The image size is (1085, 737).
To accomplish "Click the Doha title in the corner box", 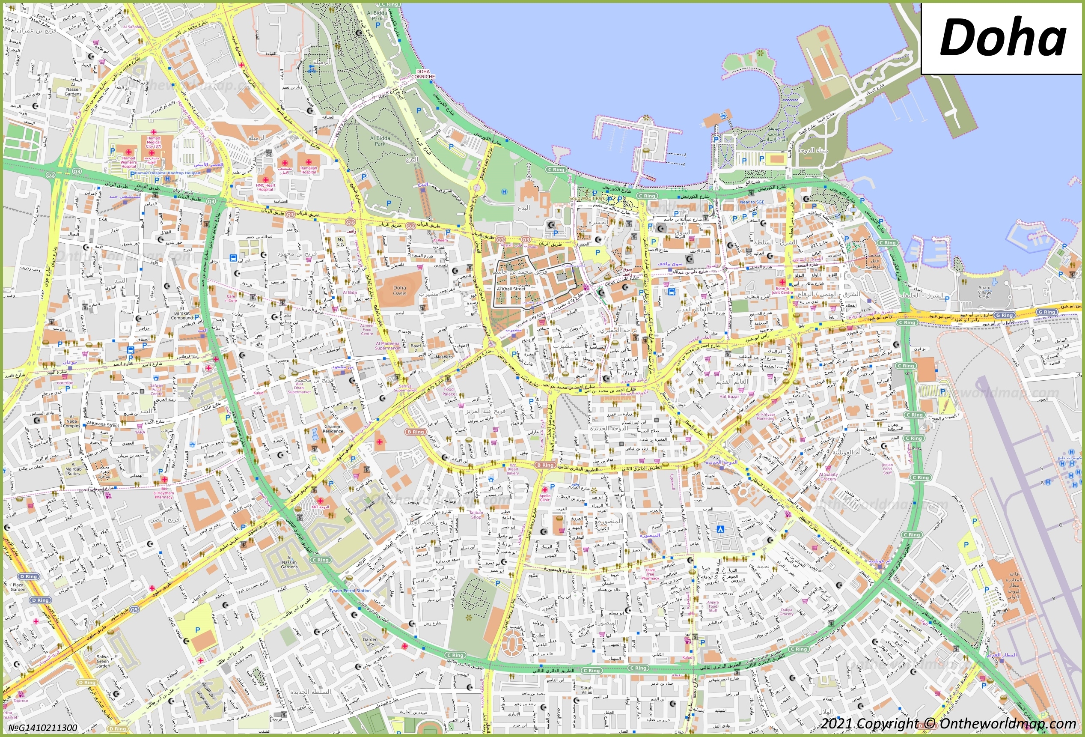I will [1002, 37].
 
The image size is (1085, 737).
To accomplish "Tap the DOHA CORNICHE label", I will [423, 74].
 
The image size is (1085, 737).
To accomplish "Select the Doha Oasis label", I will [399, 290].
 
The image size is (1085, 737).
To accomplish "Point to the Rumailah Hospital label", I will [309, 170].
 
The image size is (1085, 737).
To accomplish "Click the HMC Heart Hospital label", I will [266, 187].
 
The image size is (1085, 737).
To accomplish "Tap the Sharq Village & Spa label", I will [984, 292].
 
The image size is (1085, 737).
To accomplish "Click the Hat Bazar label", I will [729, 397].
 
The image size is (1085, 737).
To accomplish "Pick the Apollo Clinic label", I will [545, 498].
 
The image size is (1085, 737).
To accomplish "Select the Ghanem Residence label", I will [333, 429].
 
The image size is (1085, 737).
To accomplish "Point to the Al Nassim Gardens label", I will [289, 562].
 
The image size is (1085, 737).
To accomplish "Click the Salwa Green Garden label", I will [103, 661].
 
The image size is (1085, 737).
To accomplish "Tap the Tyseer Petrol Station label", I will [350, 591].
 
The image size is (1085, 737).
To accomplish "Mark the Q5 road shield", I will [134, 609].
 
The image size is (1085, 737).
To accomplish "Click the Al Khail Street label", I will [511, 289].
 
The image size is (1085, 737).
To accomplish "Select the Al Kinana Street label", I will [103, 424].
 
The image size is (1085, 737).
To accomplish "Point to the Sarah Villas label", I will [587, 690].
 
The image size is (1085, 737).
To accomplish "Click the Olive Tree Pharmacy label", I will [650, 574].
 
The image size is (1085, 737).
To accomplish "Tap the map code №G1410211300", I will [43, 728].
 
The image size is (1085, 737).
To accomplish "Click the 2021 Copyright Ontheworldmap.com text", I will [948, 723].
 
